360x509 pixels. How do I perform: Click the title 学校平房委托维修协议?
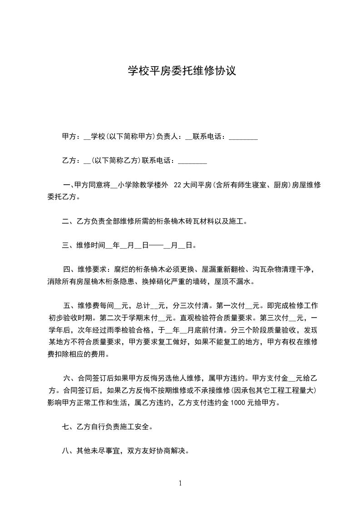pyautogui.click(x=181, y=71)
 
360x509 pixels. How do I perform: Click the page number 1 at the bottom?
pyautogui.click(x=180, y=483)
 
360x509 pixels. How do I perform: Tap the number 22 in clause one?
pyautogui.click(x=178, y=185)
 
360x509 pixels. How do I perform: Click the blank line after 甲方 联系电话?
pyautogui.click(x=243, y=137)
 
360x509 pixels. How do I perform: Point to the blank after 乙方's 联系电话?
pyautogui.click(x=192, y=161)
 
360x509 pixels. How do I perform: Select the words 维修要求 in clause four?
pyautogui.click(x=93, y=269)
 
